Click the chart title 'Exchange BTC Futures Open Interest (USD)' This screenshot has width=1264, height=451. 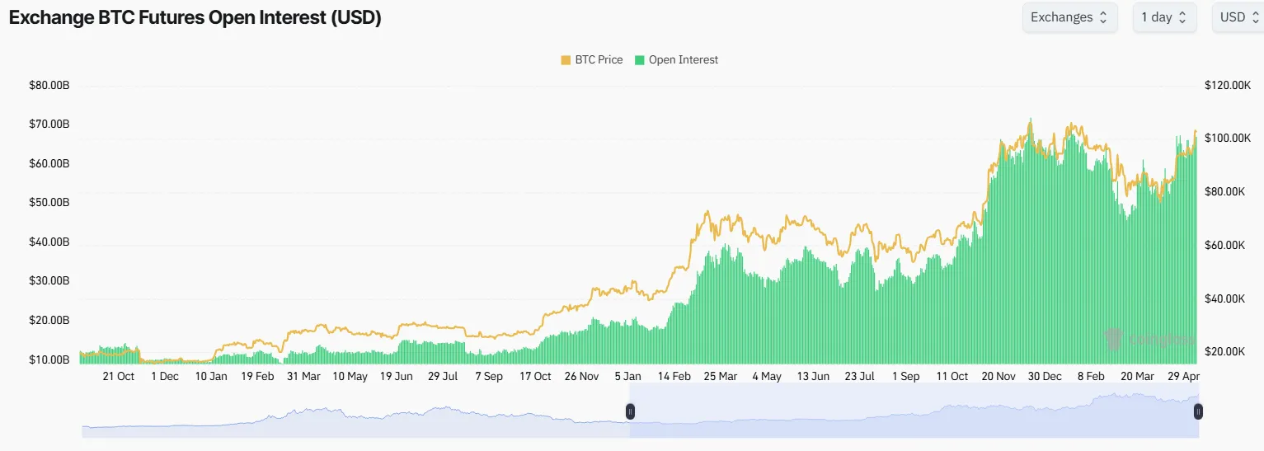click(195, 18)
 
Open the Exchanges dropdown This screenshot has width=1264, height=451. click(1069, 17)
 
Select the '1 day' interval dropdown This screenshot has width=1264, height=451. click(1163, 17)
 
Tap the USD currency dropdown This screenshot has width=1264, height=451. click(1238, 17)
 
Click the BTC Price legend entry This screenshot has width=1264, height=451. click(591, 59)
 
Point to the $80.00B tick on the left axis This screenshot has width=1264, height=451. click(49, 85)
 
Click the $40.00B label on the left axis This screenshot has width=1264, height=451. click(49, 242)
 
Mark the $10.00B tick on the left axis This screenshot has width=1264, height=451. click(49, 359)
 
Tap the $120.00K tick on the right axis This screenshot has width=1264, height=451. click(1228, 85)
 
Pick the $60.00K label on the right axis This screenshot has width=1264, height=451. click(1228, 245)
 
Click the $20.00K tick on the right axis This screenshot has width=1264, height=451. click(1228, 352)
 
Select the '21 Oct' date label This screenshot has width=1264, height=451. click(118, 376)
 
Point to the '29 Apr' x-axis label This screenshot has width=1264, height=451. click(1184, 376)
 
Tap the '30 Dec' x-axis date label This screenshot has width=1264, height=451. click(1044, 376)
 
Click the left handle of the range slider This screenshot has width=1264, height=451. click(630, 411)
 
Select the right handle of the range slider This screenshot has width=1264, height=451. click(1198, 411)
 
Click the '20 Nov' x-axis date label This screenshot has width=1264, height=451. click(999, 376)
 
